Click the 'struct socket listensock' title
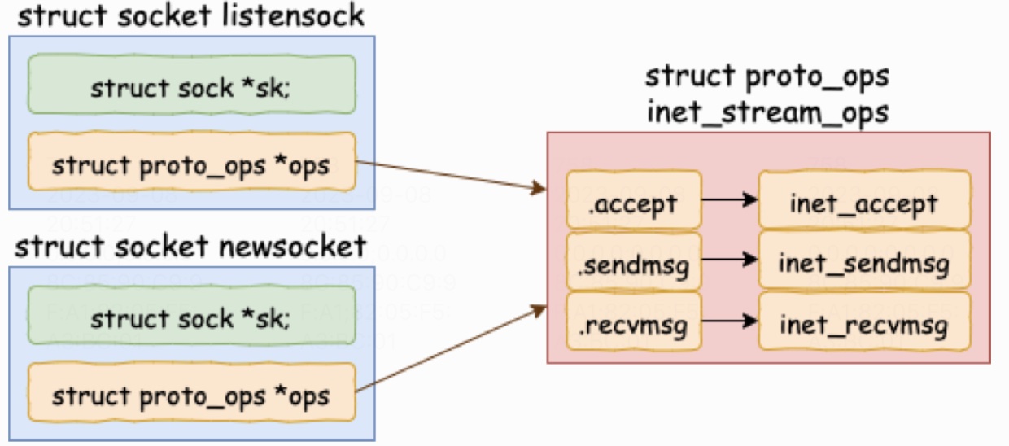click(x=190, y=16)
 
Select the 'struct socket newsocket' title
click(x=191, y=247)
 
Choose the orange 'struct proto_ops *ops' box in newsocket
click(x=192, y=396)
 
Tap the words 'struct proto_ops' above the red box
click(x=767, y=77)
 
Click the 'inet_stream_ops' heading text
click(x=767, y=111)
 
